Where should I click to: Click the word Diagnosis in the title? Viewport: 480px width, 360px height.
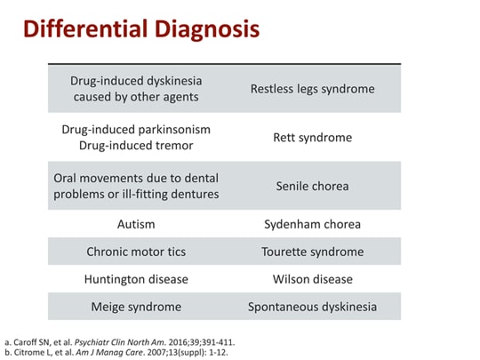coord(205,29)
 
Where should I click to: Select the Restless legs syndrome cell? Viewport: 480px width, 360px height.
coord(312,89)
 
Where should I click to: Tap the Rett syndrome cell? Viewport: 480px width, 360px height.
coord(312,138)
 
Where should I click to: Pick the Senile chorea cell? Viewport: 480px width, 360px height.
coord(312,187)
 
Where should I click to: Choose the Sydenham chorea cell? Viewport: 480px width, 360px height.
coord(312,224)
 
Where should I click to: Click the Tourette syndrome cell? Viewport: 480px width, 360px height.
coord(312,252)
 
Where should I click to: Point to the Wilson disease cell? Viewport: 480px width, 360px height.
coord(312,279)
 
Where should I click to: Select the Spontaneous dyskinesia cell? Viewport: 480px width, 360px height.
coord(312,307)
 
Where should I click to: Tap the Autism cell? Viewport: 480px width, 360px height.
coord(136,224)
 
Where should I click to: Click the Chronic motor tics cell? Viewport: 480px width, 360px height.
coord(136,252)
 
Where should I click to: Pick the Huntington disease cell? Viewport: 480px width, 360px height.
coord(136,279)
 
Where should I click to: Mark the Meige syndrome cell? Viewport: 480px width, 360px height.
coord(136,307)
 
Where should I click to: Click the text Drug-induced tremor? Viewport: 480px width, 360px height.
coord(136,146)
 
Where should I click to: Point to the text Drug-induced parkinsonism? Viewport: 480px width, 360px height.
coord(136,129)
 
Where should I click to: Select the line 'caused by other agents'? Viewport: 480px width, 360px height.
coord(136,97)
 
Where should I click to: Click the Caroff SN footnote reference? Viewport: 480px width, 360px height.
coord(44,341)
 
